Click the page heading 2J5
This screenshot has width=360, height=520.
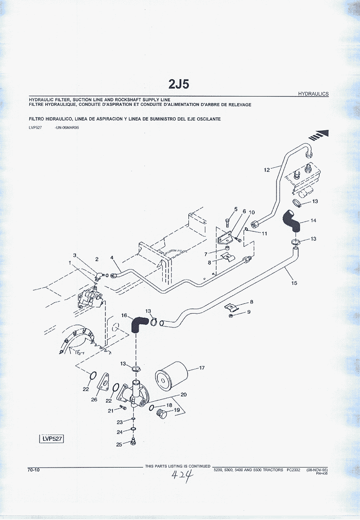[179, 84]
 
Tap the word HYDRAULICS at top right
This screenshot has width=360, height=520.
[313, 94]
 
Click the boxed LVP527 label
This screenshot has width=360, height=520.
[52, 439]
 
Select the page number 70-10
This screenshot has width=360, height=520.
[34, 470]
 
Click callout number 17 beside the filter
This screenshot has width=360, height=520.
[202, 367]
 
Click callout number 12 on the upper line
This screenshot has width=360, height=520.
[267, 169]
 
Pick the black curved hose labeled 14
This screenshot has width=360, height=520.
[291, 221]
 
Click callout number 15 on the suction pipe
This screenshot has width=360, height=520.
[294, 283]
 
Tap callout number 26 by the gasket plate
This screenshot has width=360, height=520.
[94, 399]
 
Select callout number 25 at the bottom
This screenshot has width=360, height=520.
[119, 444]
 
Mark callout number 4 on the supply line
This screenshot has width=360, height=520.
[112, 258]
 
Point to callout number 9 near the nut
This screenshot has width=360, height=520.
[248, 312]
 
